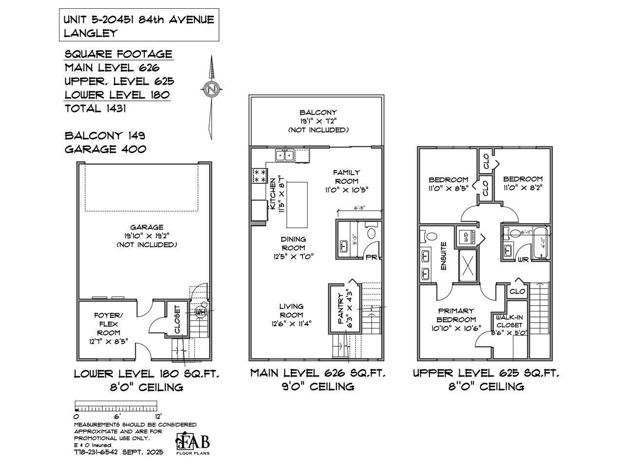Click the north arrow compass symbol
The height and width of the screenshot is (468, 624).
(211, 90)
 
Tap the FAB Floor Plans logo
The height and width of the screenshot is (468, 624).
(193, 443)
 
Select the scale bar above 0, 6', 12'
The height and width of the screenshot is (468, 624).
(116, 406)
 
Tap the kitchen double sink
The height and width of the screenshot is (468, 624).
(285, 156)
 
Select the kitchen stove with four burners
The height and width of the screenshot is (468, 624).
(259, 176)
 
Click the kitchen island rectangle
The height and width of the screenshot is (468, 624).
(297, 204)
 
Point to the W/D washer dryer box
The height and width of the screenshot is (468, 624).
(466, 238)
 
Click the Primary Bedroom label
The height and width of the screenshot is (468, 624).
(456, 315)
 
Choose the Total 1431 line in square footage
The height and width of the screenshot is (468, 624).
(96, 109)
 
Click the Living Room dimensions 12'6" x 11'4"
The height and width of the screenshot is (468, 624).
(292, 323)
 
